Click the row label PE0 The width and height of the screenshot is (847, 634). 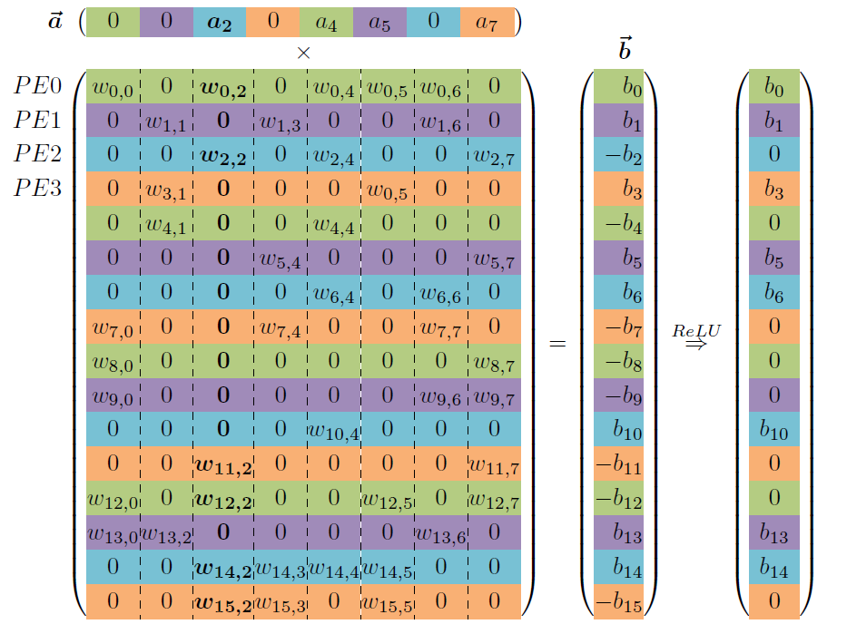point(37,87)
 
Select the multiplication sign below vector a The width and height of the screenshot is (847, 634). point(303,54)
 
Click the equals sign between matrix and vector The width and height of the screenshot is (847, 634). point(558,344)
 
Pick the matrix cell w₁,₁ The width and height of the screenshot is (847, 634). point(166,122)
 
